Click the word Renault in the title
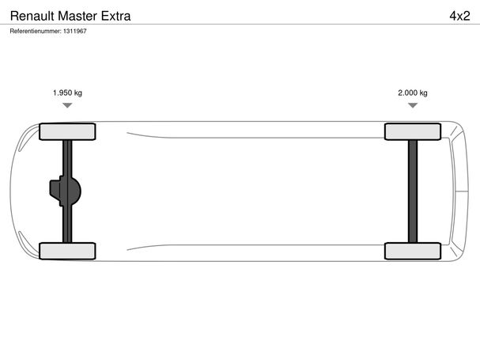click(x=32, y=16)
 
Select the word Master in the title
click(x=77, y=16)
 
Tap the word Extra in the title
click(x=115, y=16)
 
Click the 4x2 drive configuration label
click(x=459, y=16)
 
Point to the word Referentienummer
click(x=36, y=31)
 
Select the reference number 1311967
click(x=75, y=31)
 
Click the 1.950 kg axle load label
click(x=67, y=93)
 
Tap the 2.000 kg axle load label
click(x=413, y=93)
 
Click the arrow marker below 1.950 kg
click(x=67, y=105)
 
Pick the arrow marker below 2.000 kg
click(x=413, y=105)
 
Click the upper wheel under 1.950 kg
click(x=67, y=131)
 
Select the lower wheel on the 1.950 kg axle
click(x=67, y=252)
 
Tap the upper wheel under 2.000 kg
click(x=413, y=131)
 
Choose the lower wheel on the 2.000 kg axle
click(x=413, y=252)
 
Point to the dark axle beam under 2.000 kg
click(x=413, y=191)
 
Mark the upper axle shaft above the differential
click(x=67, y=158)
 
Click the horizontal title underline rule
click(x=240, y=25)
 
